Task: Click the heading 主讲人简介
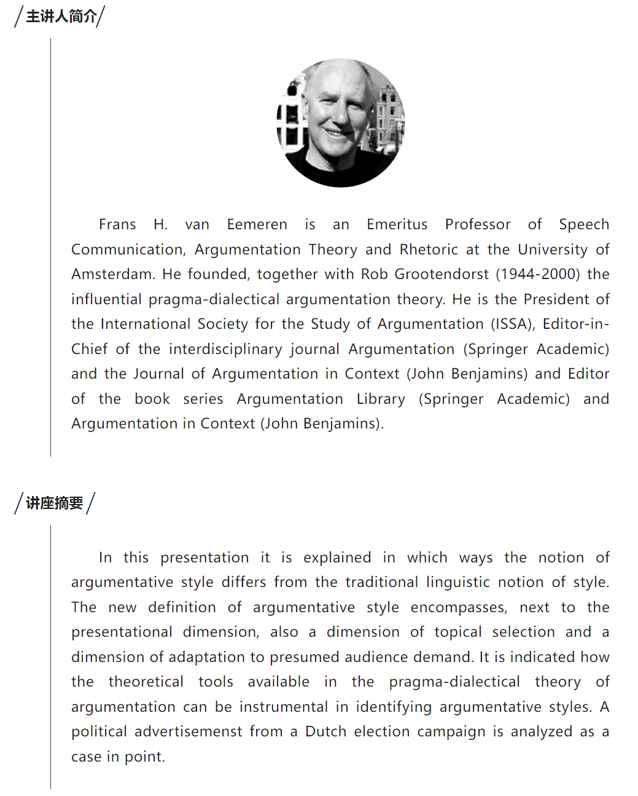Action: (x=61, y=17)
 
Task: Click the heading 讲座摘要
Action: (x=55, y=503)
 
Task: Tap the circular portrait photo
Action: (x=341, y=123)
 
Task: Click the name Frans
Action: (x=117, y=225)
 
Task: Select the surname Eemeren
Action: (x=257, y=225)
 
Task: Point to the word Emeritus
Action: (x=397, y=225)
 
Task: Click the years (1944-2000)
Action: (x=538, y=274)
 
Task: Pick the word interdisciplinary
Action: (x=225, y=349)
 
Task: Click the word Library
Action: (x=381, y=399)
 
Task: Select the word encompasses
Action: (x=459, y=607)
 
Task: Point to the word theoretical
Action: (x=146, y=682)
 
